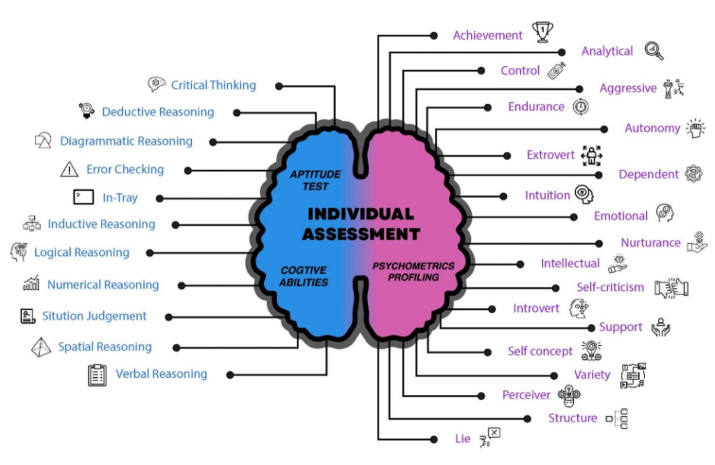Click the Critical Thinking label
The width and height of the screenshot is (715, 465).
[213, 86]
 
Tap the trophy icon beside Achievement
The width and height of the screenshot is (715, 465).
[542, 33]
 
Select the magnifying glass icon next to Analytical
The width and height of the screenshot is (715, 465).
[654, 51]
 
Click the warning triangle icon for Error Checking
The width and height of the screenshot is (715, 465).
[69, 170]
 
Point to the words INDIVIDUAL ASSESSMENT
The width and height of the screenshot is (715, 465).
[362, 223]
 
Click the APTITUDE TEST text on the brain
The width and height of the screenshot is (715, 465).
[309, 181]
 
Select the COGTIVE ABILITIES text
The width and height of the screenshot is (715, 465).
[304, 276]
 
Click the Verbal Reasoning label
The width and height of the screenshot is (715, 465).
[161, 374]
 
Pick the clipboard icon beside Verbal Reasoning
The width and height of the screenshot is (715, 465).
[96, 374]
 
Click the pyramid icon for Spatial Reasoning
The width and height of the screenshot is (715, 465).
[42, 346]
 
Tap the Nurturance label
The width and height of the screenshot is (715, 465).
[651, 243]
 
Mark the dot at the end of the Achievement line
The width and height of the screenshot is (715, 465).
[434, 35]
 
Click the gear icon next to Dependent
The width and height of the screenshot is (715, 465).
[693, 174]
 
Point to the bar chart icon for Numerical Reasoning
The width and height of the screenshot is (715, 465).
[31, 284]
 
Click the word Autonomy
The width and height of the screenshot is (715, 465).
[653, 128]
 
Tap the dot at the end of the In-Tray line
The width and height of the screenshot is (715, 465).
[160, 198]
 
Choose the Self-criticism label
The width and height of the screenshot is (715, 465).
[610, 287]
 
